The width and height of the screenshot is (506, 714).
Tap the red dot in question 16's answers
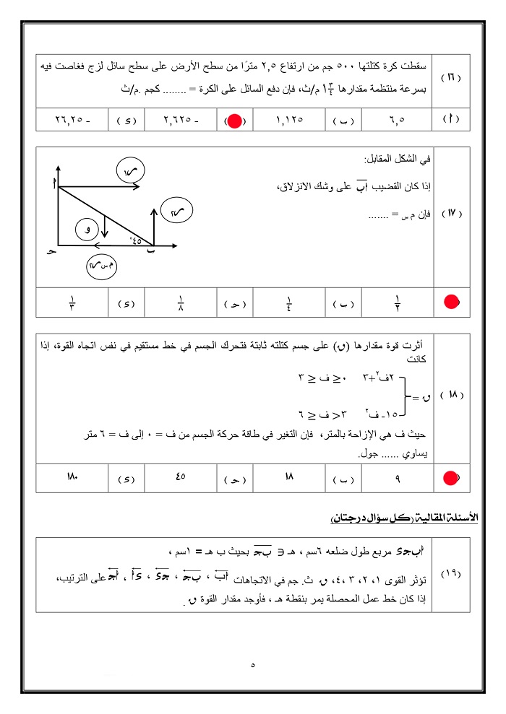(x=234, y=121)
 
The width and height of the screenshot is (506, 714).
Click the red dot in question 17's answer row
(x=452, y=302)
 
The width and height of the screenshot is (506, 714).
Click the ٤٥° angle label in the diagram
(x=135, y=240)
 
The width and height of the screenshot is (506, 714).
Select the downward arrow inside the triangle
(x=106, y=226)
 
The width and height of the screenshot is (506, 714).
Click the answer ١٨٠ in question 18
(x=72, y=477)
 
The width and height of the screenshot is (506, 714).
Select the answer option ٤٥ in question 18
(x=181, y=477)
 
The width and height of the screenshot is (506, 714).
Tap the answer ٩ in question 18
(x=398, y=477)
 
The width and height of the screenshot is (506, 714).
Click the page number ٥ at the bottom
(x=252, y=666)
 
